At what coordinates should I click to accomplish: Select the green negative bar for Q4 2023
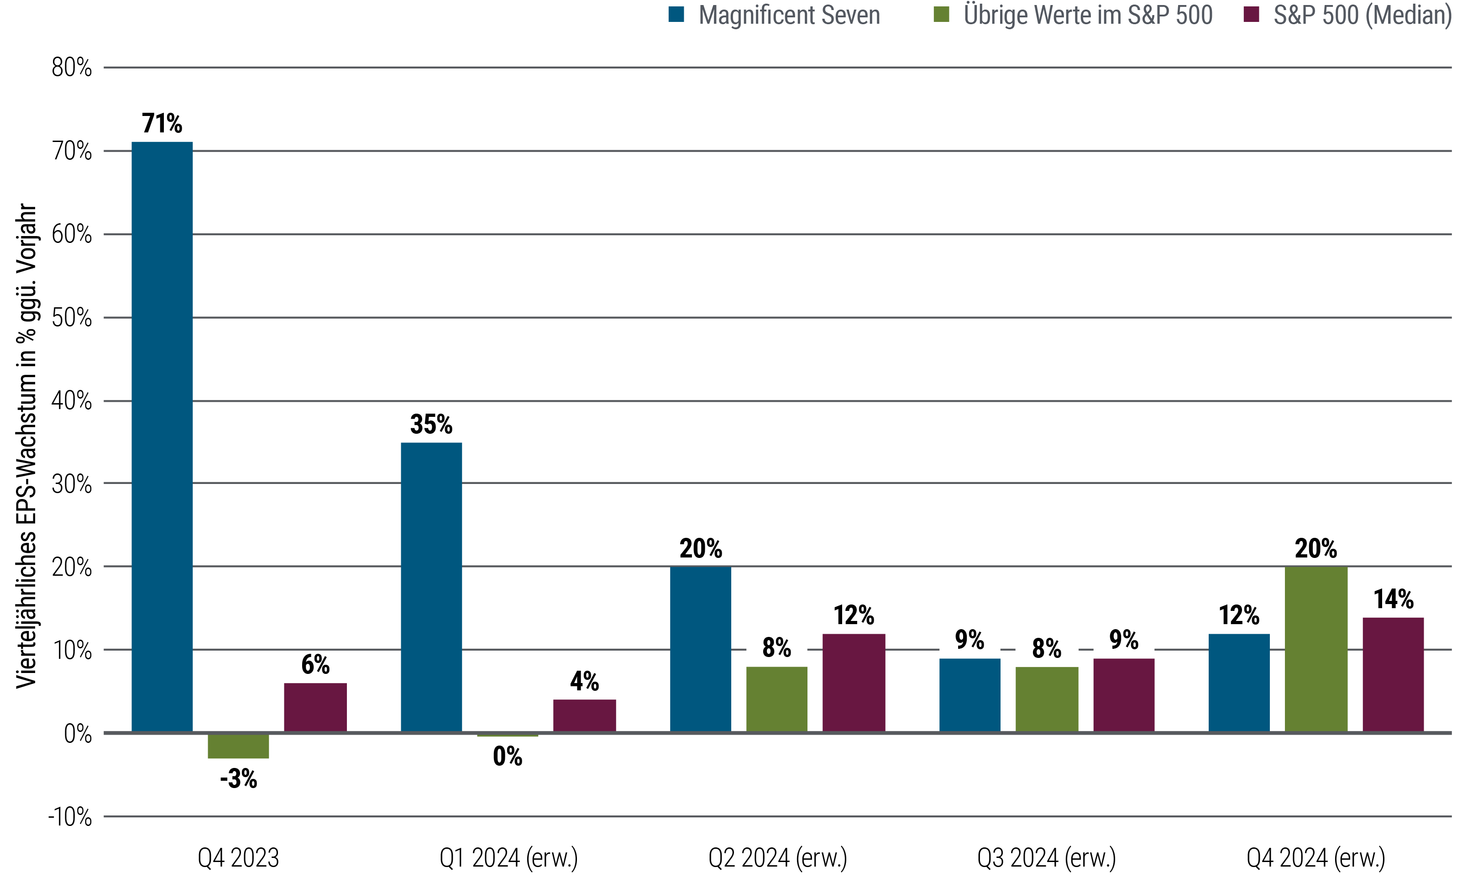tap(238, 746)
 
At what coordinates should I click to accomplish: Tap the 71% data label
tap(162, 124)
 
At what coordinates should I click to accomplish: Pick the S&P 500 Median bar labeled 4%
tap(584, 716)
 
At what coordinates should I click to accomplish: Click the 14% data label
tap(1393, 599)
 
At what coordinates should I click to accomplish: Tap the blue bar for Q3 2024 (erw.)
tap(970, 695)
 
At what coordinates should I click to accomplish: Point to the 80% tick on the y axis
tap(72, 68)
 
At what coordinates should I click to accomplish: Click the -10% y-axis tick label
tap(70, 818)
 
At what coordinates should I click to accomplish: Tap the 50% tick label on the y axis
tap(72, 318)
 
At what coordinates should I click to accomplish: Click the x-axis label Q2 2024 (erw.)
tap(778, 857)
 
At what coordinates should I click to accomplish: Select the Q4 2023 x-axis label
tap(238, 857)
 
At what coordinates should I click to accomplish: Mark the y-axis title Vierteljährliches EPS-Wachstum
tap(26, 446)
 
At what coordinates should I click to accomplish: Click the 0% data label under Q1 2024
tap(508, 757)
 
